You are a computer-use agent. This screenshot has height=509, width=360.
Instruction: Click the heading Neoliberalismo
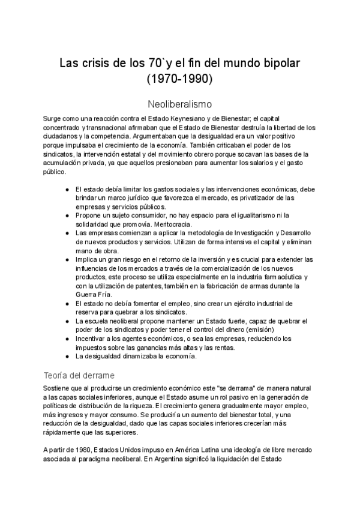tap(179, 103)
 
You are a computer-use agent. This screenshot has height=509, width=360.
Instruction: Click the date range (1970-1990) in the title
tap(179, 78)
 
